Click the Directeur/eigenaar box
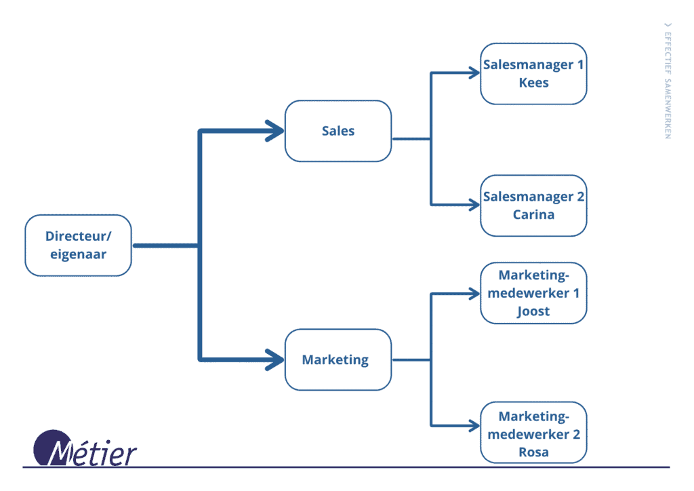[78, 245]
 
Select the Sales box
[338, 131]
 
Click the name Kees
[533, 83]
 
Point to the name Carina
[533, 215]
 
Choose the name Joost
[533, 312]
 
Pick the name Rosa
[533, 452]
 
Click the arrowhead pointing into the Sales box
[274, 131]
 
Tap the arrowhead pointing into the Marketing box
[274, 359]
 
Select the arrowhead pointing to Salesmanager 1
[473, 73]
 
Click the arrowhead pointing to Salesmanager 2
[473, 204]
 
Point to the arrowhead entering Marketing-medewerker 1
[473, 294]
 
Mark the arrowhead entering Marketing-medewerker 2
[473, 426]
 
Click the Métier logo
[85, 450]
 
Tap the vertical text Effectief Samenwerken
[668, 81]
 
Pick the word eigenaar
[78, 255]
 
